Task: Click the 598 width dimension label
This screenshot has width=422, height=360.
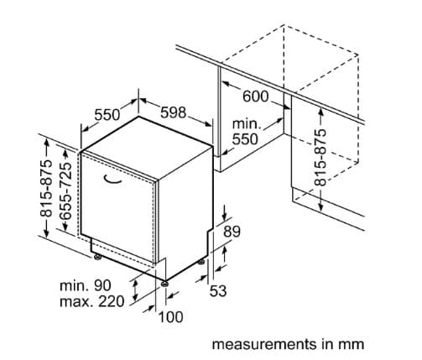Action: coord(173,112)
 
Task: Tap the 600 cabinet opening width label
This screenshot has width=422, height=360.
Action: coord(255,97)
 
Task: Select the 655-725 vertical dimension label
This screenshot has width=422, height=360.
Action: coord(66,190)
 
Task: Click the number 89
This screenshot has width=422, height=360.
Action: coord(232,232)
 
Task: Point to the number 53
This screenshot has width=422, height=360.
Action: coord(218,291)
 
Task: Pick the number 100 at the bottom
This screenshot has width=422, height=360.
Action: coord(171,317)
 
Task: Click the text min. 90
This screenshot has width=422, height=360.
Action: coord(86,285)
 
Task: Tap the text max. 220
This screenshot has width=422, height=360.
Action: coord(92,301)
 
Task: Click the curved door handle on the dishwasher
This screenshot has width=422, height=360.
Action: coord(112,180)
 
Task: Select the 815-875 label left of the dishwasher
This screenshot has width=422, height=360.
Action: coord(46,189)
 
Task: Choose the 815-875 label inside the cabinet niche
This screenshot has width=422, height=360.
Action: coord(320,157)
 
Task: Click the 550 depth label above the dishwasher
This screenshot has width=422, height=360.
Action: coord(107,115)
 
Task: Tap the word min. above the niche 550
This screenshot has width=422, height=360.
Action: coord(247,123)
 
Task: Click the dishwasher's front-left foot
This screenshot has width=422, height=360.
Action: coord(97,257)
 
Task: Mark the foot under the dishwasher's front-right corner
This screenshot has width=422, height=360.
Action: coord(165,284)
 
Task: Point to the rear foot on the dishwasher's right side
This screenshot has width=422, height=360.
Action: coord(201,262)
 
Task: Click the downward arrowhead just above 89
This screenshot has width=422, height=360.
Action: coord(225,216)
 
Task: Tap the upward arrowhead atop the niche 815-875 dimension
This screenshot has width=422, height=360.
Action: coord(321,112)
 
